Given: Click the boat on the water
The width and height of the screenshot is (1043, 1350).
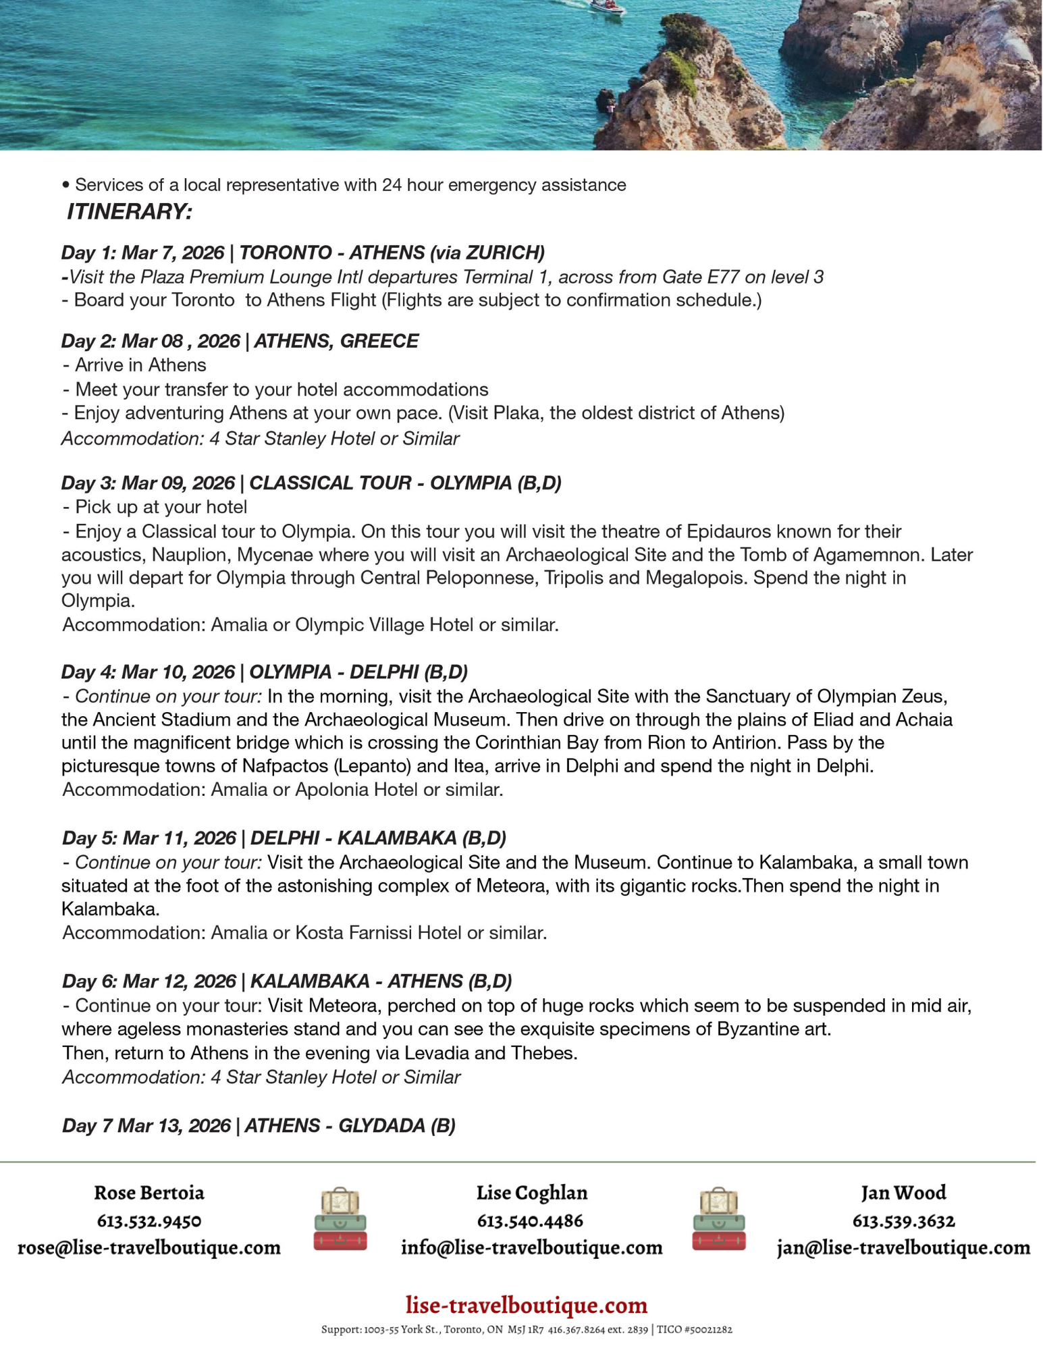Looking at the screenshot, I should [x=607, y=7].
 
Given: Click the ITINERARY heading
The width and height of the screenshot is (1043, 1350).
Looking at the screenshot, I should [x=129, y=212].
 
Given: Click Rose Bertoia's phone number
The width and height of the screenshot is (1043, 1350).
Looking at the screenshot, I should [x=149, y=1220].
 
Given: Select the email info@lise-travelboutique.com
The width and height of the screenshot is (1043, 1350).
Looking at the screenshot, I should [x=531, y=1247].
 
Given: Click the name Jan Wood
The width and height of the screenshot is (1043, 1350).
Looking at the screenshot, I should [x=903, y=1193].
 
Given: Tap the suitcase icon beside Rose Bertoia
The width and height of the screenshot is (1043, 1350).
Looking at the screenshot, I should [x=340, y=1219].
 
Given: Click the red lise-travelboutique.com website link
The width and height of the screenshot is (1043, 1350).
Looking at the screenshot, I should [x=527, y=1305].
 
